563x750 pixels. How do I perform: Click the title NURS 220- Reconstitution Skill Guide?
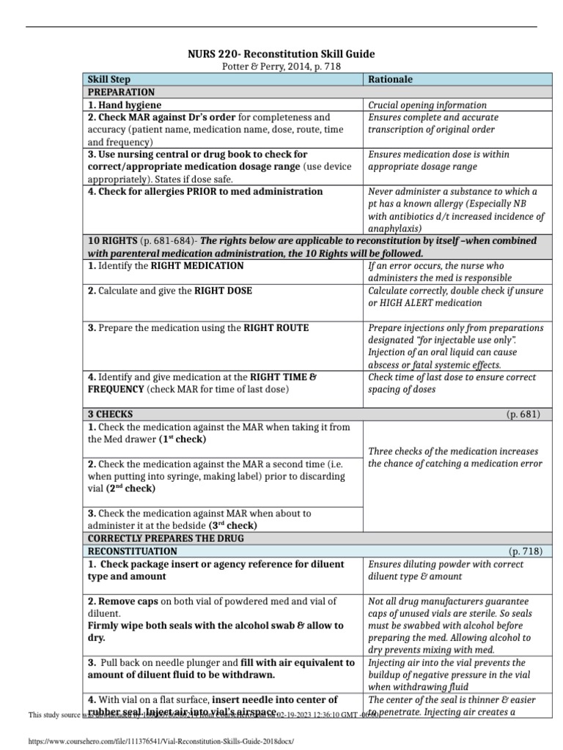(282, 53)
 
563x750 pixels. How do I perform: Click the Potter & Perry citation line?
(281, 66)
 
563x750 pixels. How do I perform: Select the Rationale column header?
(390, 79)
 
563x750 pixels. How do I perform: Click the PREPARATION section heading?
(121, 92)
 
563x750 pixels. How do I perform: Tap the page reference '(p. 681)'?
(523, 414)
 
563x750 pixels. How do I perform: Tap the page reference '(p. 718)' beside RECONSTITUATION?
(523, 550)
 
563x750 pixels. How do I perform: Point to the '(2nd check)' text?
(130, 488)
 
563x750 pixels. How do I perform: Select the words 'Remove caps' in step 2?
(126, 601)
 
